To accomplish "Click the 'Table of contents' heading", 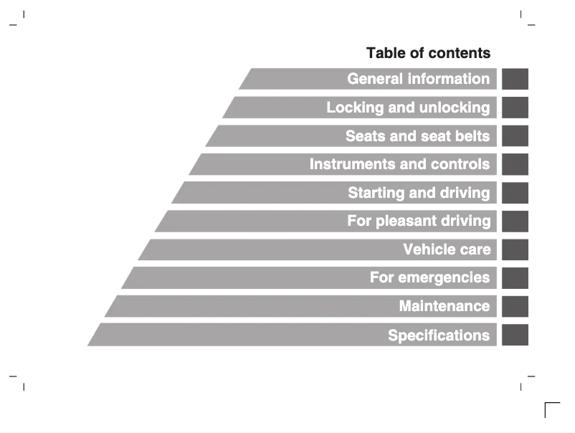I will tap(428, 53).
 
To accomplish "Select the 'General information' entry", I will tap(418, 79).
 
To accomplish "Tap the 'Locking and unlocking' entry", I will tap(408, 108).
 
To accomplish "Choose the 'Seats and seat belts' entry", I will tap(417, 135).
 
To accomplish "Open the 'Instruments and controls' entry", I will tap(399, 164).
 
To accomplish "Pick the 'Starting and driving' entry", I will tap(419, 193).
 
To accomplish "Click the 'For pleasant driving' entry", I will tap(419, 221).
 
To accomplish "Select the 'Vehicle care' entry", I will tap(447, 249).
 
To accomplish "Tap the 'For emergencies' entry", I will tap(429, 277).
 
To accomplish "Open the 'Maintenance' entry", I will tap(445, 306).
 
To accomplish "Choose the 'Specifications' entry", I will tap(439, 335).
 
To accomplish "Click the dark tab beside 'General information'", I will tap(515, 79).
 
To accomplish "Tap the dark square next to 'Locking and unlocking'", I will tap(515, 108).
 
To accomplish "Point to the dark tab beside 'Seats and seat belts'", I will tap(515, 135).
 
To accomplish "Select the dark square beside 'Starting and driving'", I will tap(515, 193).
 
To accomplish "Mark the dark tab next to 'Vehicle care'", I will tap(515, 249).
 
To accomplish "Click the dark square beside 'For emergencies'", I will tap(515, 277).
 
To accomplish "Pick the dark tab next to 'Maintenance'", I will tap(515, 306).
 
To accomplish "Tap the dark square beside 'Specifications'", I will tap(515, 335).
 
